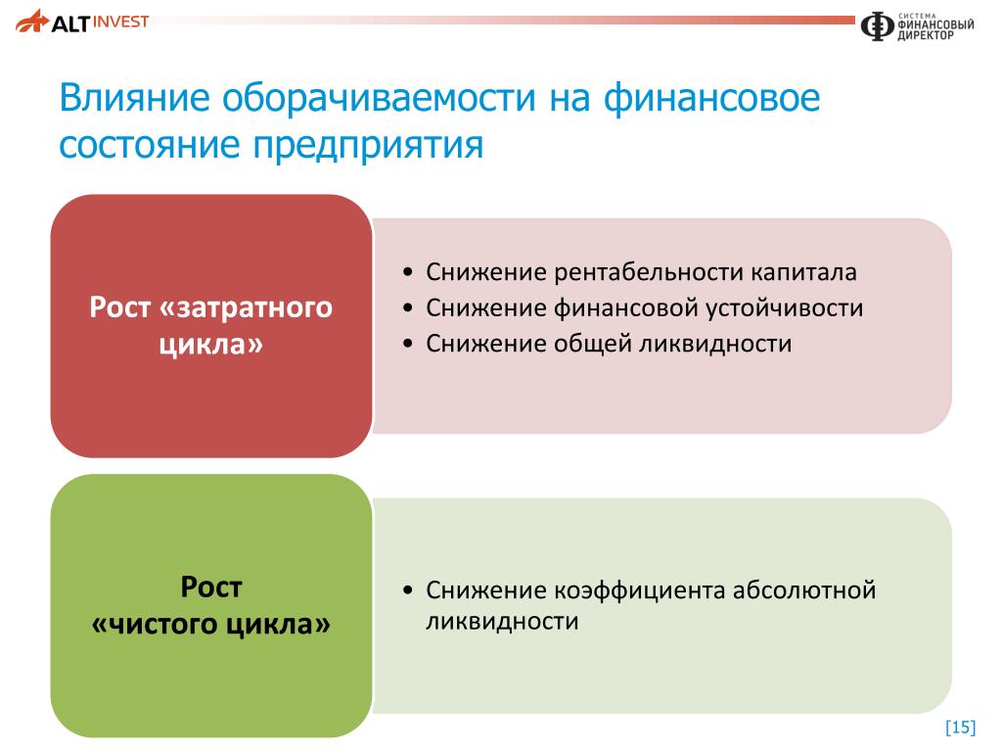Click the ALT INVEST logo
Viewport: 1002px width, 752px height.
pos(82,22)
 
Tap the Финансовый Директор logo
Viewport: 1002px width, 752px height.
pos(917,26)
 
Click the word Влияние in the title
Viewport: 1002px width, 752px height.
pos(134,98)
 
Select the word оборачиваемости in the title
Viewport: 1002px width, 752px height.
pos(379,98)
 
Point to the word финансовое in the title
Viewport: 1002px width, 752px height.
pos(712,98)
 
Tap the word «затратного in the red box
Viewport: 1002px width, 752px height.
pos(246,307)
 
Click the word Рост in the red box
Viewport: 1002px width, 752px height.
pos(119,306)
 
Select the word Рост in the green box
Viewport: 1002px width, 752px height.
pos(211,587)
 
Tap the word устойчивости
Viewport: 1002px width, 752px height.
pos(784,308)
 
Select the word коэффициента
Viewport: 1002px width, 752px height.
pos(639,590)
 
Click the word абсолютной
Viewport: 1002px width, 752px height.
pos(804,590)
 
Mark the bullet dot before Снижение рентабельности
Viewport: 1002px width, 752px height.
pos(408,272)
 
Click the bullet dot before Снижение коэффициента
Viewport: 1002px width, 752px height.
pos(408,589)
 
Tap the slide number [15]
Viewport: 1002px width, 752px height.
pos(961,728)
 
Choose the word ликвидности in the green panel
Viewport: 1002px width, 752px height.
pos(502,622)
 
